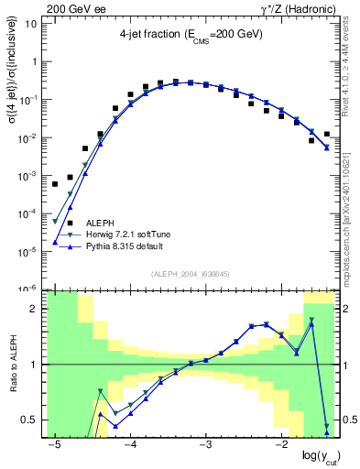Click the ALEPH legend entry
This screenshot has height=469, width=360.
click(x=100, y=223)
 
